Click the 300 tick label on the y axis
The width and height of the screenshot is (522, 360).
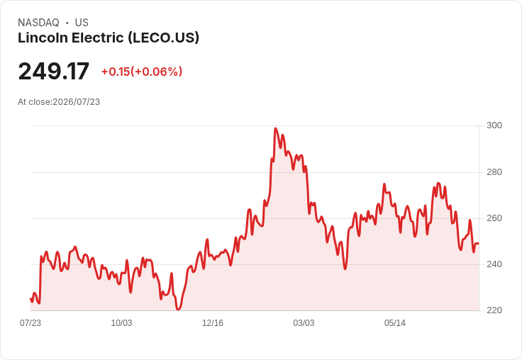pos(494,125)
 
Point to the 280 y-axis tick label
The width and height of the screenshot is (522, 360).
pos(494,172)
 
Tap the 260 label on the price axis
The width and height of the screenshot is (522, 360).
pos(494,218)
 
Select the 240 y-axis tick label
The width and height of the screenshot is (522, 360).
pos(494,264)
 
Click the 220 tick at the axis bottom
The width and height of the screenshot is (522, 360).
pos(494,310)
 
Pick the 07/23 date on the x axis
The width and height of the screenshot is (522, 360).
pos(30,322)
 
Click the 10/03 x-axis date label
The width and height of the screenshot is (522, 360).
pos(121,322)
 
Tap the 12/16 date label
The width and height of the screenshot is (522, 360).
pos(213,322)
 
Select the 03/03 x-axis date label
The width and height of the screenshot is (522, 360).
pos(304,322)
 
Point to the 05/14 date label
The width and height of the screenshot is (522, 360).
pos(395,322)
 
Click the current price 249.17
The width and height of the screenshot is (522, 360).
pos(54,71)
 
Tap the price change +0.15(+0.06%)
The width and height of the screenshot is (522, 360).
pos(142,72)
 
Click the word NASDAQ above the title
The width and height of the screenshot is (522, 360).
pos(38,23)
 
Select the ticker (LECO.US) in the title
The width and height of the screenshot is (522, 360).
pos(164,38)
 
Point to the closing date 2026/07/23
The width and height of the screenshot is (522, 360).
pos(76,102)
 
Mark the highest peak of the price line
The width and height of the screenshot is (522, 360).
pos(275,128)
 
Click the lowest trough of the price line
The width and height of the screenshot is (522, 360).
pos(178,310)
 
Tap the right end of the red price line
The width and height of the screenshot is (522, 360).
pos(479,244)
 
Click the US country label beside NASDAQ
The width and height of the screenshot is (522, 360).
pos(82,23)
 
